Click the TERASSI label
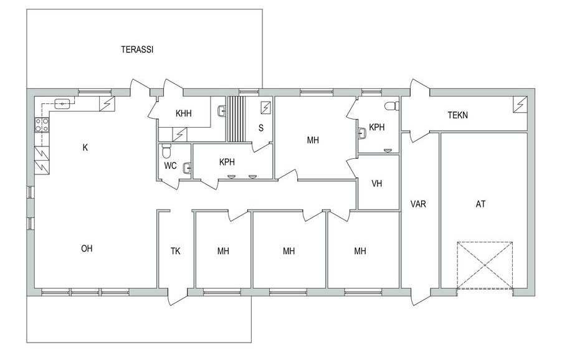[137, 49]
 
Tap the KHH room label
[184, 113]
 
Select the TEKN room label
[457, 115]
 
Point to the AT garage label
[480, 204]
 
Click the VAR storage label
[418, 204]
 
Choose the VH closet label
[377, 183]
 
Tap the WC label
[170, 166]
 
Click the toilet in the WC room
[166, 151]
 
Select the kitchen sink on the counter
[62, 104]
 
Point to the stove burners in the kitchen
[42, 125]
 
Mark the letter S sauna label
[261, 128]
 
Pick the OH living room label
[87, 249]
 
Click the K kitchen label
[85, 147]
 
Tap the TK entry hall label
[175, 251]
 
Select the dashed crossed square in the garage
[485, 265]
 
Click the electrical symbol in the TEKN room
[520, 104]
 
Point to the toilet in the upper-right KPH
[392, 106]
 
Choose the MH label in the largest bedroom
[313, 140]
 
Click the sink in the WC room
[187, 168]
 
